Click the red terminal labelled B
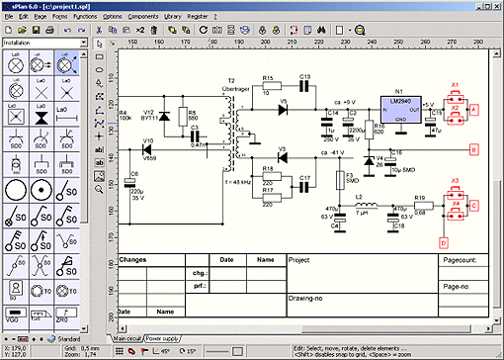click(473, 150)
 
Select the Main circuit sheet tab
click(127, 337)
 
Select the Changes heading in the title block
click(132, 261)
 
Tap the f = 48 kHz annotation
click(241, 182)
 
